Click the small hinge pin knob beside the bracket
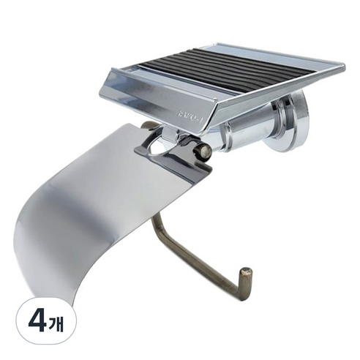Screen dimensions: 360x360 pos(204,151)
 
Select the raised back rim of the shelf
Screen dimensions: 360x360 pos(241,49)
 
